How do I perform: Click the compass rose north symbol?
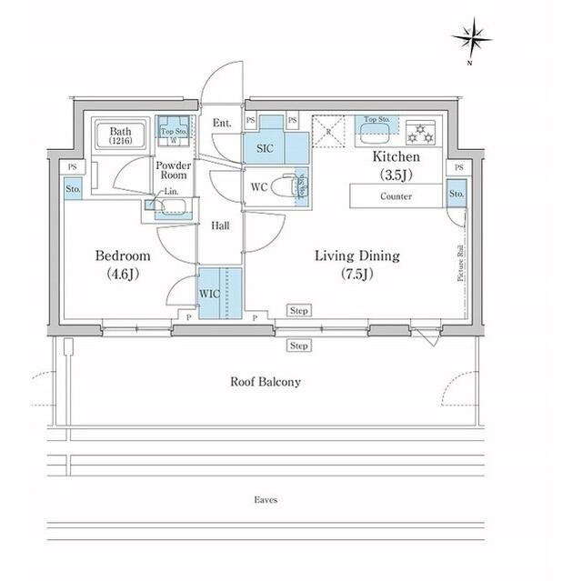471,38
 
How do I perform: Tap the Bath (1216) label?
121,135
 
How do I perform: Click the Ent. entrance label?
222,123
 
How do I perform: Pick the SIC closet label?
265,149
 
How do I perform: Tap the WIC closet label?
208,295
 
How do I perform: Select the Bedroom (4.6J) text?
124,264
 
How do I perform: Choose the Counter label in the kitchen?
396,196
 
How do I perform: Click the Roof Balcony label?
265,382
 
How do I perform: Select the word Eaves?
266,500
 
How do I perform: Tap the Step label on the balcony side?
298,346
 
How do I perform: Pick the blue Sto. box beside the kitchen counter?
457,194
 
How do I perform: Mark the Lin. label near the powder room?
170,192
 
